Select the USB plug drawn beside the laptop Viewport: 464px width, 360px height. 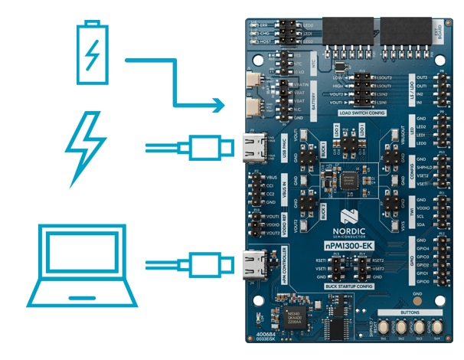(x=201, y=266)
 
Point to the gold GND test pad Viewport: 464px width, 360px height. (x=417, y=300)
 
